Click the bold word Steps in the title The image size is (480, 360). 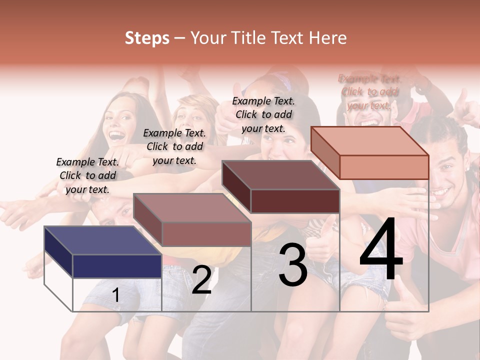click(147, 38)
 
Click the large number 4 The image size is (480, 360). click(381, 249)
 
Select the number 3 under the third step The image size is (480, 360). click(293, 265)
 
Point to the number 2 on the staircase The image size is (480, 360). click(201, 280)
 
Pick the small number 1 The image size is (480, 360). click(116, 295)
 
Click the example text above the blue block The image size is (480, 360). click(87, 175)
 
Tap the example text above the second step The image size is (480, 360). click(174, 146)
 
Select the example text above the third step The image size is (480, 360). click(263, 114)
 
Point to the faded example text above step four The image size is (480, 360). click(369, 92)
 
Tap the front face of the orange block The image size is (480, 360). click(384, 167)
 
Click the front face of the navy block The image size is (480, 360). click(117, 266)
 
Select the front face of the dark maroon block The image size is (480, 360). click(295, 201)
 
